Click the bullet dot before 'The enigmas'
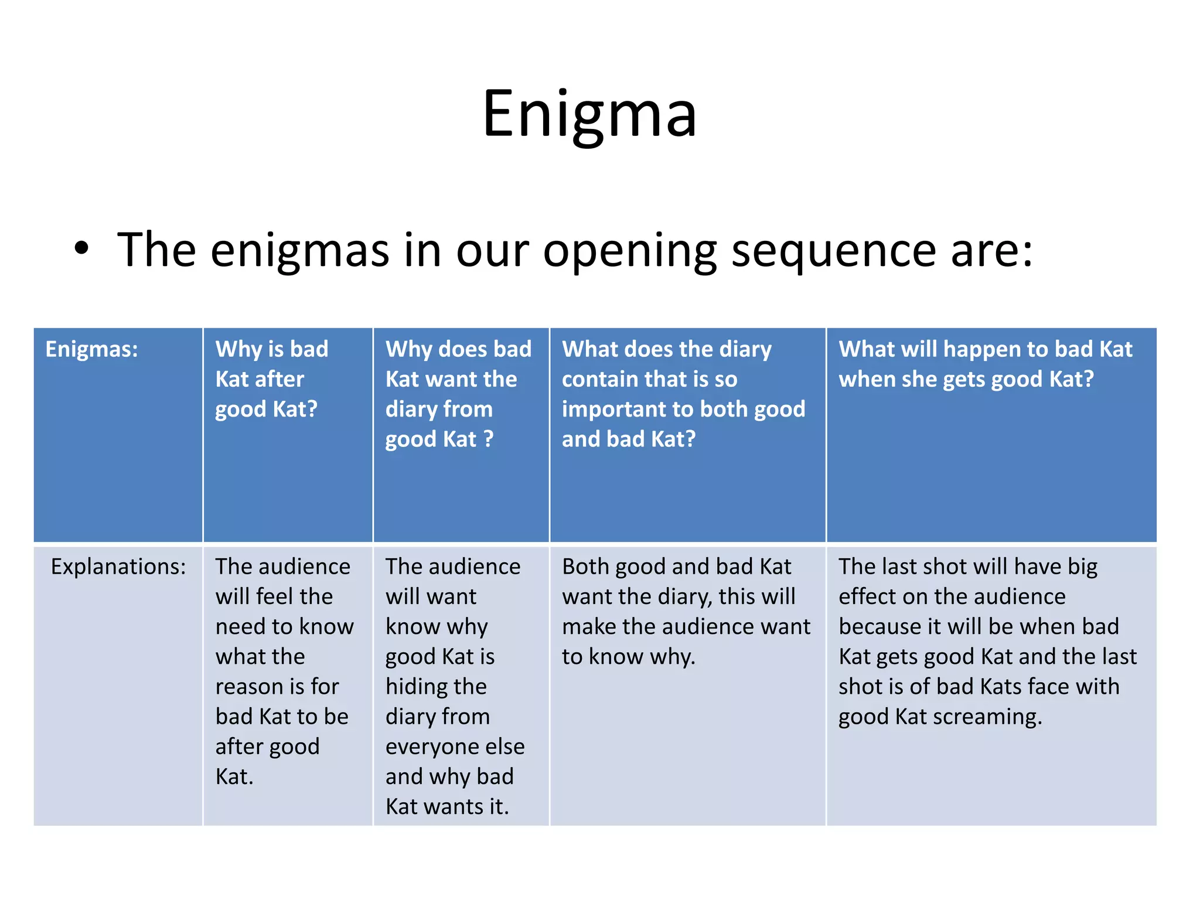pos(81,248)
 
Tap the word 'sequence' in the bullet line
pos(834,251)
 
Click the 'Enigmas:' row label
pos(92,349)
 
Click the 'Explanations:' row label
pos(118,567)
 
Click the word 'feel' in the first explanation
pos(274,596)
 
